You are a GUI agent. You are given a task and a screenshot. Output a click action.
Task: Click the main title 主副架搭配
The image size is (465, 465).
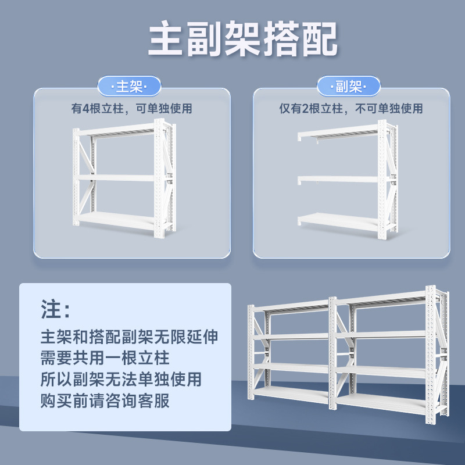242,40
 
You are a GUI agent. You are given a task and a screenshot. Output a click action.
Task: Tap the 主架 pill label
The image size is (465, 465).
129,87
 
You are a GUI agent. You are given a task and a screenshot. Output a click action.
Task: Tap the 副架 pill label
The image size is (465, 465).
348,87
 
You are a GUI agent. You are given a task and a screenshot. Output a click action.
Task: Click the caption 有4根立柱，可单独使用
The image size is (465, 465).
131,109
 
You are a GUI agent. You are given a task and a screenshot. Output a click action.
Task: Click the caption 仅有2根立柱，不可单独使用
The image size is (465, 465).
350,109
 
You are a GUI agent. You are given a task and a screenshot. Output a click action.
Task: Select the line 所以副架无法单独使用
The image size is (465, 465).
121,379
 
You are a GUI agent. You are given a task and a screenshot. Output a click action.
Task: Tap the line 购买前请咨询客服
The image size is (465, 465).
105,400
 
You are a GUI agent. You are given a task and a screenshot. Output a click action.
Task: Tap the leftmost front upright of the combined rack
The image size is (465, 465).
252,355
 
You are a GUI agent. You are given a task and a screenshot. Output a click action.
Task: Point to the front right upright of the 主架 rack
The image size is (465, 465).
159,180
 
